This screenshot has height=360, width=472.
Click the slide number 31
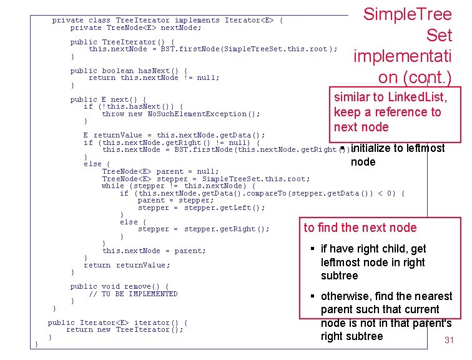(448, 341)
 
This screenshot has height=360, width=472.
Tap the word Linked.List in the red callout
(416, 97)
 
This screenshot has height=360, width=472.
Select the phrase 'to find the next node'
(360, 228)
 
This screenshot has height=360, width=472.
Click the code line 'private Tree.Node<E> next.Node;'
(135, 27)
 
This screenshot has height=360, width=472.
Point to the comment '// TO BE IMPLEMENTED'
(133, 294)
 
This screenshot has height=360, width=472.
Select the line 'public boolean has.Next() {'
(128, 71)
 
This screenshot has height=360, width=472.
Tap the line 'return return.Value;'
(126, 265)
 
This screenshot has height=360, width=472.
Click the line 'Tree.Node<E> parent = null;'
(160, 171)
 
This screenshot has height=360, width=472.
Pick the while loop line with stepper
(178, 186)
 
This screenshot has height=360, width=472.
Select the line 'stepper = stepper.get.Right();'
(204, 229)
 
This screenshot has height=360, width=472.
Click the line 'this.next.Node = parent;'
(154, 251)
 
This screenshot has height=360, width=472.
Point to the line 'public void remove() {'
(119, 286)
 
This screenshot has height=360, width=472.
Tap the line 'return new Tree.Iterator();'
(124, 329)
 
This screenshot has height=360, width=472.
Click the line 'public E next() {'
(108, 99)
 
